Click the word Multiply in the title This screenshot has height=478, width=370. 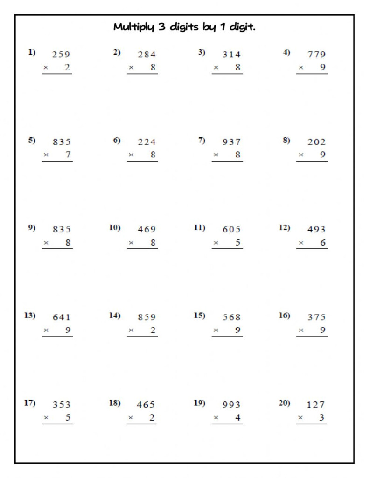coord(132,28)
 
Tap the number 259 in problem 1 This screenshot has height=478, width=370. coord(61,55)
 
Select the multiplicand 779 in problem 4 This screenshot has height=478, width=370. coord(316,55)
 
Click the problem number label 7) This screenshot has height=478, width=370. coord(202,140)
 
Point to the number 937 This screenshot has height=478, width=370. coord(231,142)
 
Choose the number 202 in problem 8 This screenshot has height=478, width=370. coord(316,142)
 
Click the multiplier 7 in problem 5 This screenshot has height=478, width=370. coord(68,155)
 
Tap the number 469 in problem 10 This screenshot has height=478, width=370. coord(147,230)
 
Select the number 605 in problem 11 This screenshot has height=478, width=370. coord(231,230)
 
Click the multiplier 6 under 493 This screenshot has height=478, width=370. coord(323,243)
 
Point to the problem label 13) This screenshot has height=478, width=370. coord(29,316)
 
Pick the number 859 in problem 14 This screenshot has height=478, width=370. coord(147,317)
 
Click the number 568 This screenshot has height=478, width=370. coord(231,317)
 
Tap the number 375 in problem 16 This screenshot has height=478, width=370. coord(316,317)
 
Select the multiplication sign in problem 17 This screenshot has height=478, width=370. coord(46,418)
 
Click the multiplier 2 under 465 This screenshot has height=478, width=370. coord(152,418)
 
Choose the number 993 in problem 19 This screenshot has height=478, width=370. coord(231,405)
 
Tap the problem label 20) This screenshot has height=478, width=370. coord(284,403)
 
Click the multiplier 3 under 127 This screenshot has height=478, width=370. coord(321,418)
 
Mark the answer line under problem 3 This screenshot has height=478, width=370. coord(227,74)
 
